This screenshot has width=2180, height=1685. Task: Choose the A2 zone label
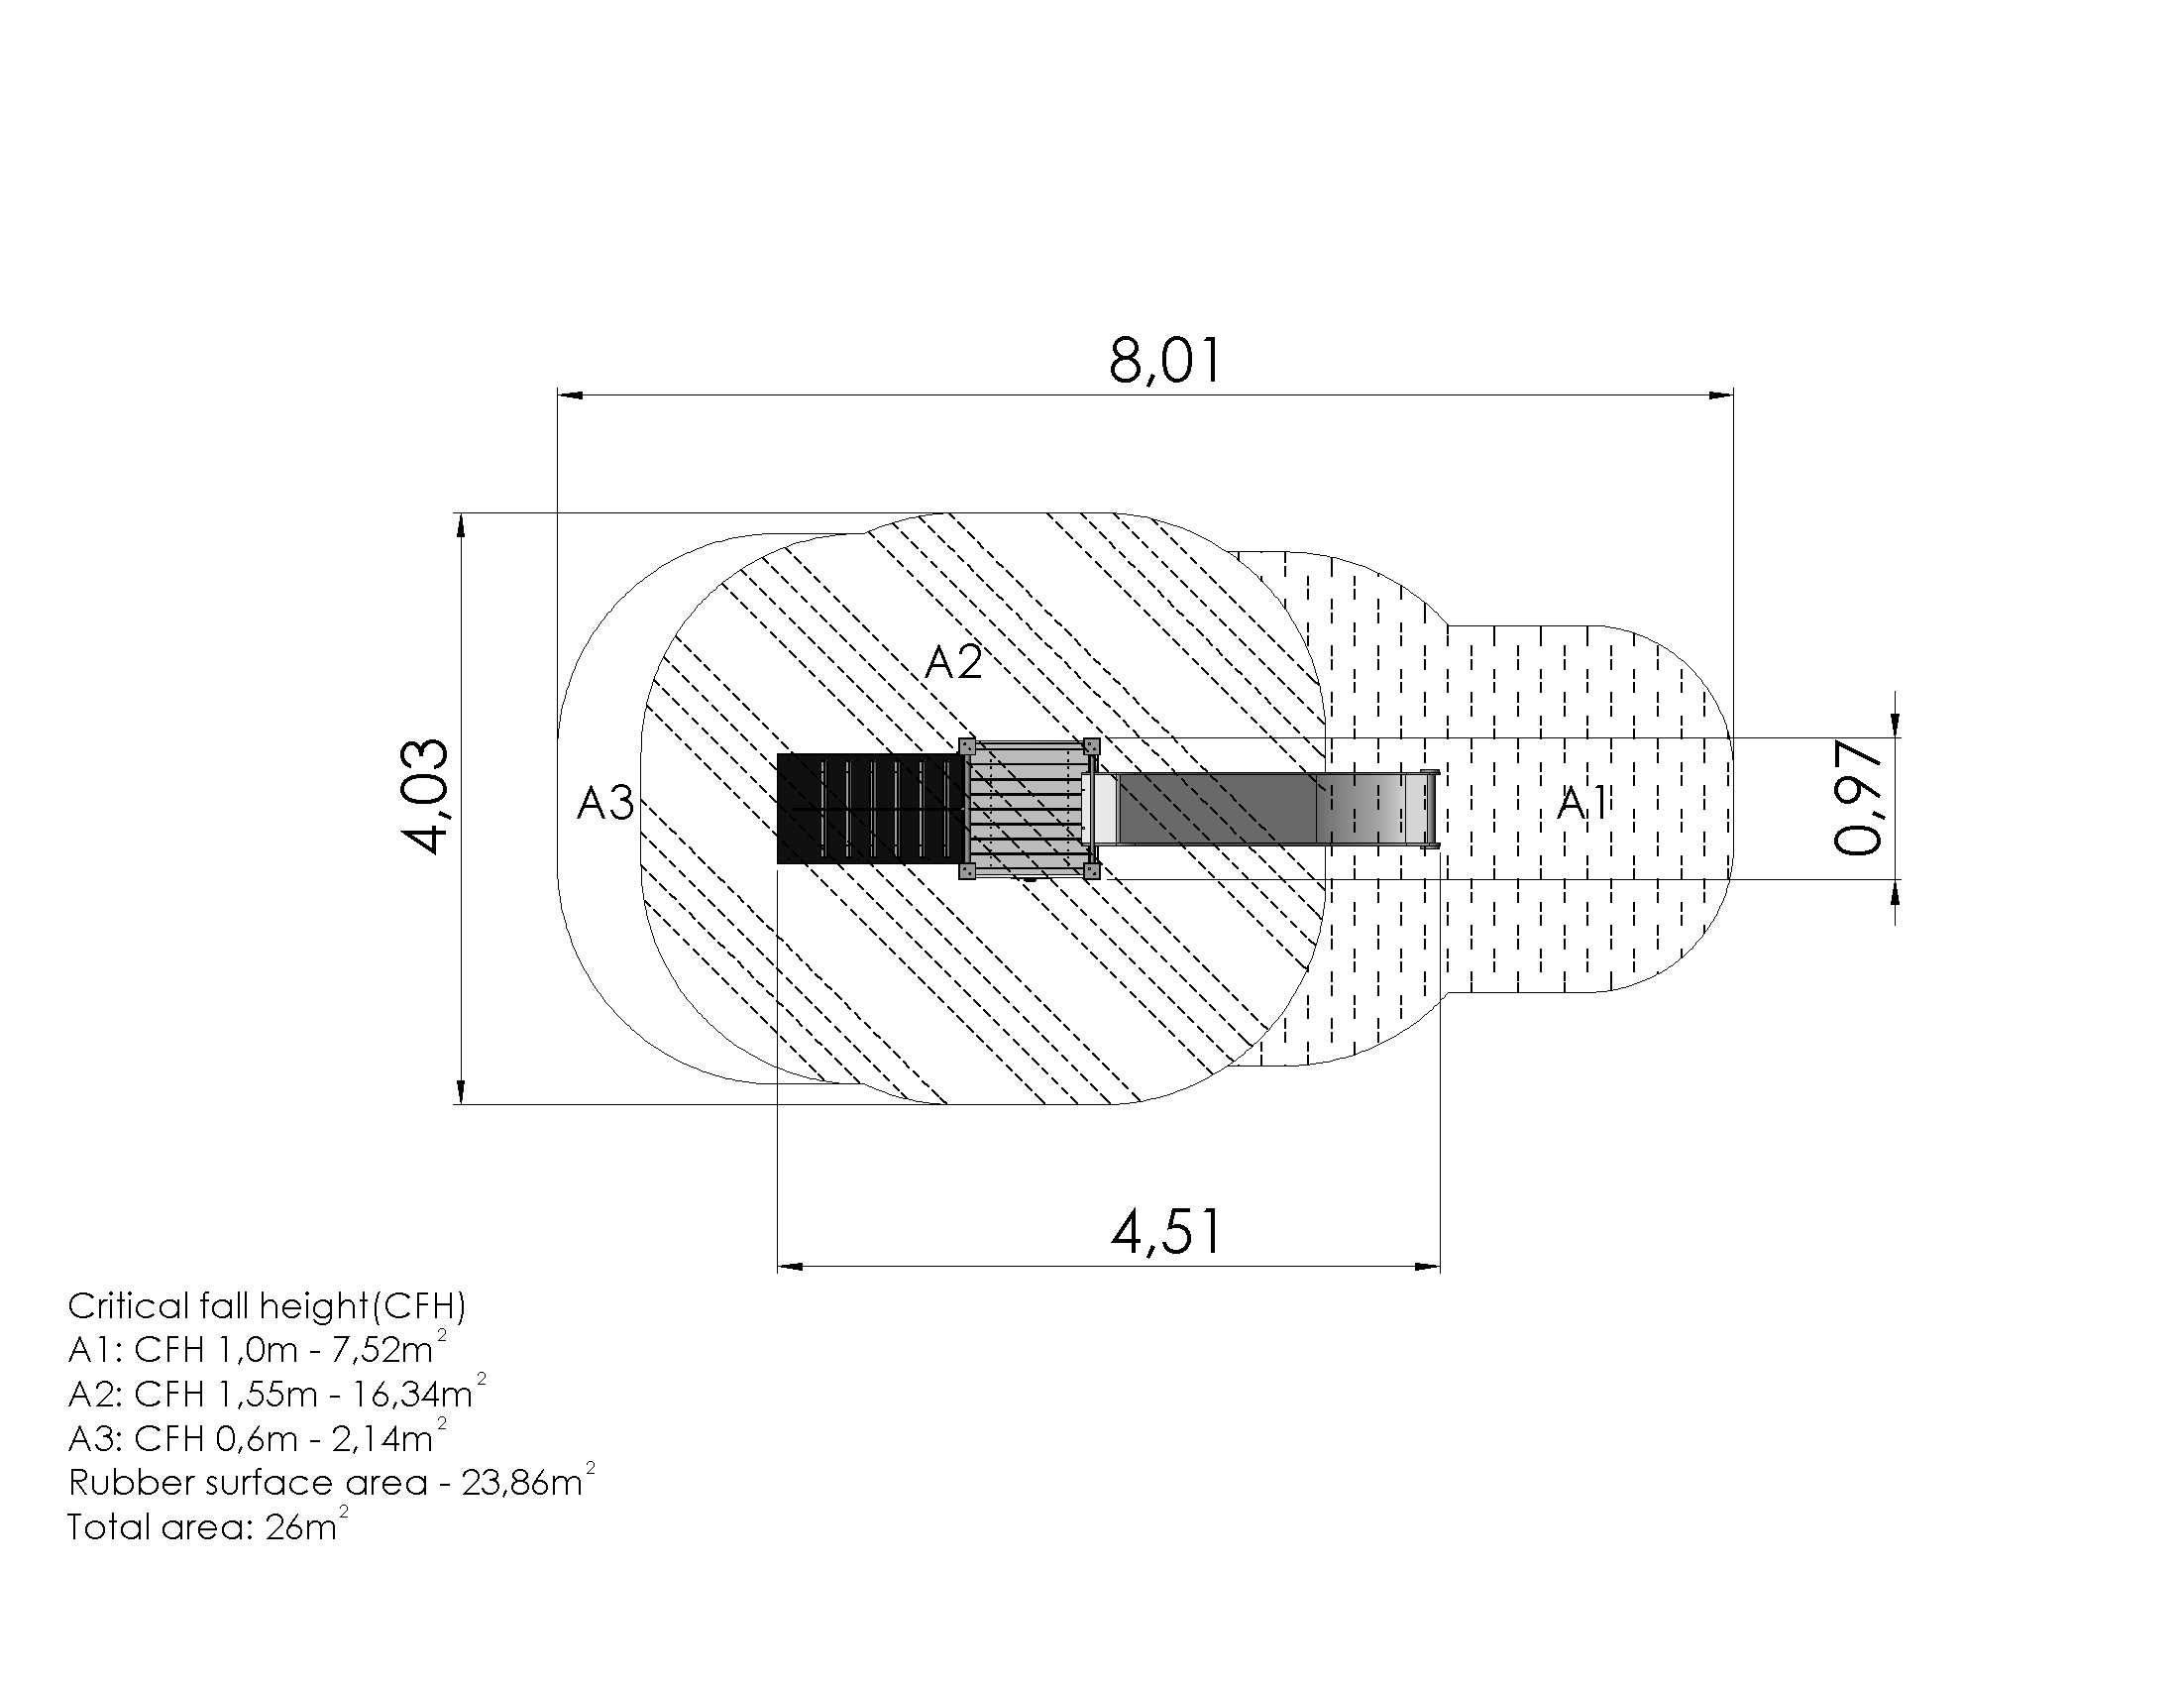[x=953, y=662]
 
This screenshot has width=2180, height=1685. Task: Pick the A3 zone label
[x=604, y=804]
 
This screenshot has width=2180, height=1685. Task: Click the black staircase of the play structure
[x=870, y=809]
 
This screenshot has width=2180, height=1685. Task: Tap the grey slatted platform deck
[x=1028, y=809]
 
